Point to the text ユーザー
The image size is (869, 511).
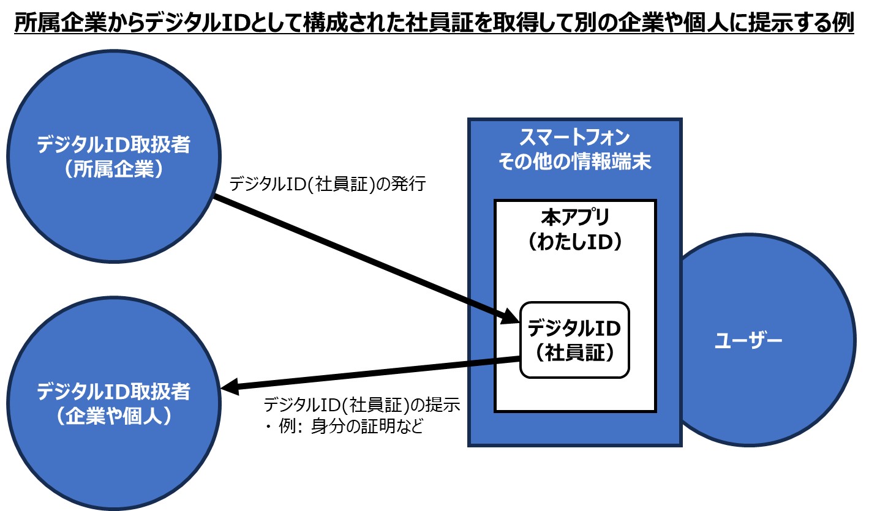748,340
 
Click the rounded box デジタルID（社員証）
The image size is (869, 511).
574,340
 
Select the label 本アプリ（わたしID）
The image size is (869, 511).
574,229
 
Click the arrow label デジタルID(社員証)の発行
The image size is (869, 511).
327,184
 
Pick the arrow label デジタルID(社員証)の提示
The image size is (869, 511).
362,405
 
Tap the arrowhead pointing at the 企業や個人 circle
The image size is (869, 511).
230,387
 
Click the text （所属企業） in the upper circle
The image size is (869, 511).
113,169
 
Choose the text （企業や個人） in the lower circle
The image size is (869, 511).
113,416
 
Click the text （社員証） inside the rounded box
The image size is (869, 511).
574,353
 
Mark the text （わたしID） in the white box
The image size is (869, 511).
574,242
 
